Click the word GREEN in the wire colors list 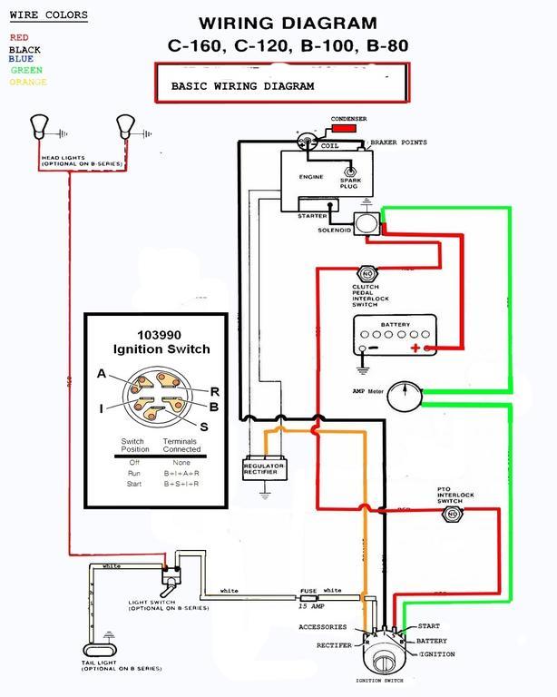[x=25, y=70]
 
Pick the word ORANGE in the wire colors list [x=28, y=83]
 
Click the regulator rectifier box [x=264, y=468]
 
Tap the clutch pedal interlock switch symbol [x=366, y=273]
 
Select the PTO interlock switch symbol [x=450, y=515]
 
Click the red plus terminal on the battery [x=415, y=348]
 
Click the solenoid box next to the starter [x=366, y=223]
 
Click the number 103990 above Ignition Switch [x=161, y=334]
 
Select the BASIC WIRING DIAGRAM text [x=242, y=87]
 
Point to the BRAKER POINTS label [x=398, y=142]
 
